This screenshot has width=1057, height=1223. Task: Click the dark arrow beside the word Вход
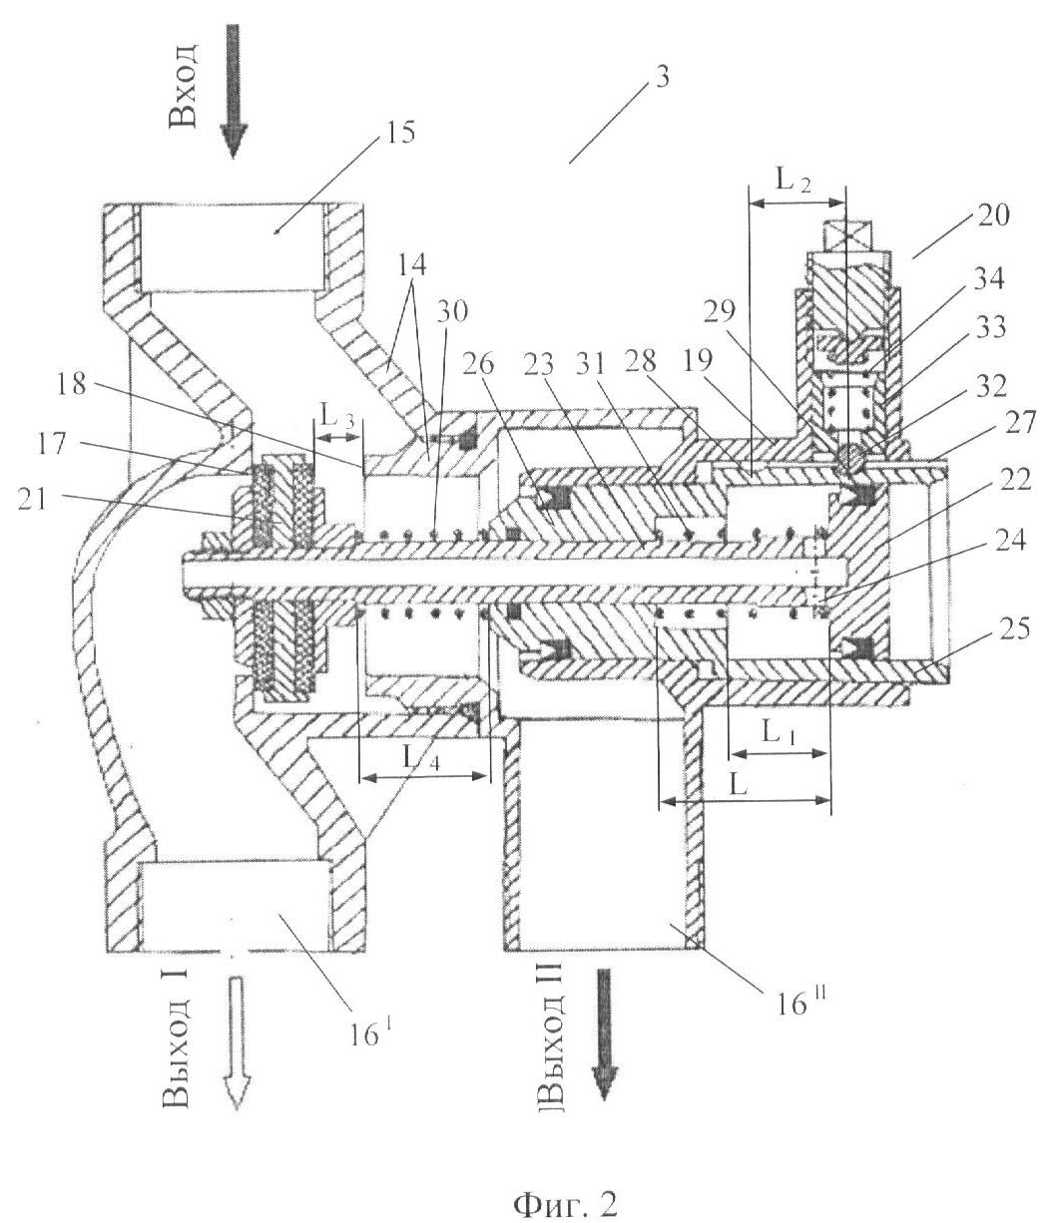coord(234,91)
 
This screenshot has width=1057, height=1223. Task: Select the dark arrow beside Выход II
coord(604,1034)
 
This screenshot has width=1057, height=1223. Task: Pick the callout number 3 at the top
coord(662,77)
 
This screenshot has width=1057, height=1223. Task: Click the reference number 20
coord(993,215)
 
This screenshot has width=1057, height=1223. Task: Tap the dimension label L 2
coord(793,180)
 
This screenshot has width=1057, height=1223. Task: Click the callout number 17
coord(53,443)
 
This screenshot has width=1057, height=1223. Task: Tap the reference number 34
coord(988,278)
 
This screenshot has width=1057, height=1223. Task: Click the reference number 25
coord(1014,628)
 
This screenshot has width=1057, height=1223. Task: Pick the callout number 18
coord(72,385)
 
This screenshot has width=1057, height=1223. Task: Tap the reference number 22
coord(1015,478)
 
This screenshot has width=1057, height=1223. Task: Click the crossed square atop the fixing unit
coord(847,236)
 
